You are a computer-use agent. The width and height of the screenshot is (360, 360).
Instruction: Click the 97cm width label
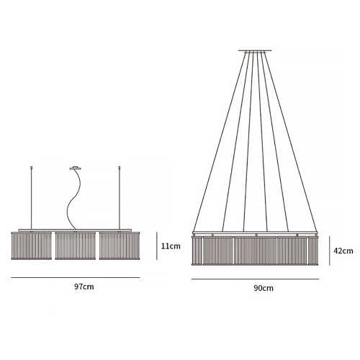click(84, 287)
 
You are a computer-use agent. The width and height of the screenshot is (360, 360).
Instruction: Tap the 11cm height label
click(171, 246)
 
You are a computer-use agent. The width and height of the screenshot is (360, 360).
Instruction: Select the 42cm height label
click(343, 251)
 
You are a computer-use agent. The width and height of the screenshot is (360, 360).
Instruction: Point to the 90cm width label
click(264, 288)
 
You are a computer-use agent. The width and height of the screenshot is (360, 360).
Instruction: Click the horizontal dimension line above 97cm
click(76, 278)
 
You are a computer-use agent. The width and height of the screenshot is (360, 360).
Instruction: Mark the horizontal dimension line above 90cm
click(255, 279)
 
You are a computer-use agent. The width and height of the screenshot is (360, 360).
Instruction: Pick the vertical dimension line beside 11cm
click(157, 246)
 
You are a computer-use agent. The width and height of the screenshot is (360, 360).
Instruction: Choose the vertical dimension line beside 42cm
click(330, 251)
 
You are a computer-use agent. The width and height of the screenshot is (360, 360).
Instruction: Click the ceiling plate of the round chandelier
click(255, 50)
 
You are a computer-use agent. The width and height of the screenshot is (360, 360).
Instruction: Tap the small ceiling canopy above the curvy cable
click(75, 168)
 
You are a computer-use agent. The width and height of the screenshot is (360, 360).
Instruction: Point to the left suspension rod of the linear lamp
click(31, 197)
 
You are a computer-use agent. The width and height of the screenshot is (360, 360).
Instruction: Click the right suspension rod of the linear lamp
click(120, 197)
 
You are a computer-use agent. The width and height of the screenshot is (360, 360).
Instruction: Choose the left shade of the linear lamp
click(31, 246)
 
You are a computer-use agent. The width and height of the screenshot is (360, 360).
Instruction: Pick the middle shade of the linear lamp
click(76, 246)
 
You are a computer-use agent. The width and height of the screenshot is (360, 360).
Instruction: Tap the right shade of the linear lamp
click(120, 246)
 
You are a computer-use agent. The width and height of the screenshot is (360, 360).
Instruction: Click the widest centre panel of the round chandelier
click(255, 251)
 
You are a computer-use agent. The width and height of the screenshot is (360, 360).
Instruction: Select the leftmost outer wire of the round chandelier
click(220, 141)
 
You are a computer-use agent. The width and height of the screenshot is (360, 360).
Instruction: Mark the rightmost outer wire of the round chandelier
click(291, 141)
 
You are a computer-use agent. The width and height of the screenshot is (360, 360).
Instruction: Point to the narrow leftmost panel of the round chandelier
click(197, 251)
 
